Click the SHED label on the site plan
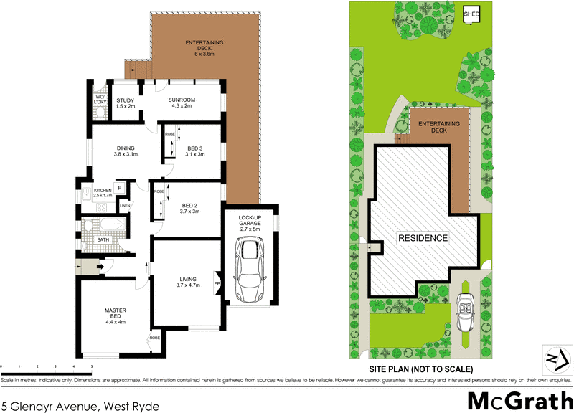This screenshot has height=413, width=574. (471, 14)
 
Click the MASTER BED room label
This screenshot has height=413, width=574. (116, 315)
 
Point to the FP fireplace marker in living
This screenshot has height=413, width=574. (217, 284)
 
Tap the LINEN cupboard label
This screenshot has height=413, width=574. (125, 206)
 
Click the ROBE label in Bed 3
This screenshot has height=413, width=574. (169, 134)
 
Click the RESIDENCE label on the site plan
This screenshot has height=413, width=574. (423, 238)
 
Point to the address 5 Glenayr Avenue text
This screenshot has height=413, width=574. (80, 405)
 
